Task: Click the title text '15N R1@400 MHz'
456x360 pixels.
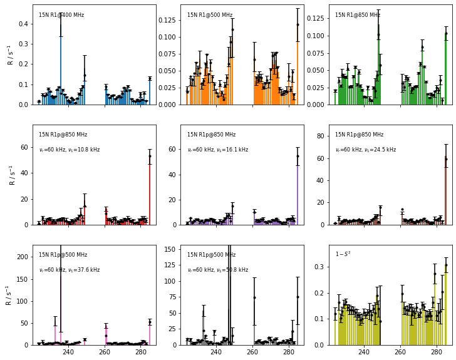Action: [61, 15]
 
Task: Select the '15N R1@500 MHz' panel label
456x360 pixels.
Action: [210, 15]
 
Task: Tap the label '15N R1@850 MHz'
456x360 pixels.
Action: [358, 15]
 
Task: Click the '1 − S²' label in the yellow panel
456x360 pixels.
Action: [343, 254]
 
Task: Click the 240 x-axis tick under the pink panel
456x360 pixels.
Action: [68, 352]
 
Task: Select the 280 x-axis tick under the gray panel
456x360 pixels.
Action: [289, 352]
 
